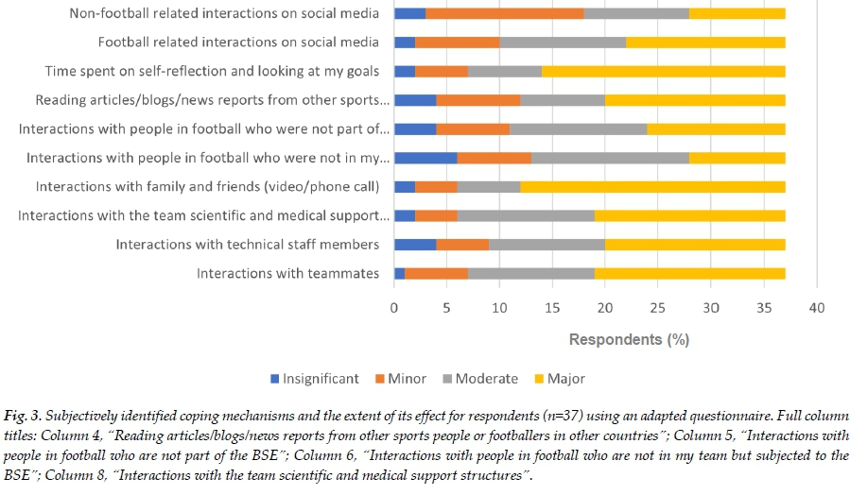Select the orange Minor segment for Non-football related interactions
point(505,13)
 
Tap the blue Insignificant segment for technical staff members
point(415,245)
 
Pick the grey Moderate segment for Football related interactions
point(563,43)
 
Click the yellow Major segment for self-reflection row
point(663,71)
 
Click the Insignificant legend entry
point(314,379)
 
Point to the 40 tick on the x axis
point(817,308)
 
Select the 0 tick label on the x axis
point(394,308)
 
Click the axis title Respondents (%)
point(629,338)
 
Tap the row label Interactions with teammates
point(287,274)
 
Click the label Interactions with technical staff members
point(248,245)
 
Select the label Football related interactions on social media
point(238,43)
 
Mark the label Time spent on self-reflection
point(212,71)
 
